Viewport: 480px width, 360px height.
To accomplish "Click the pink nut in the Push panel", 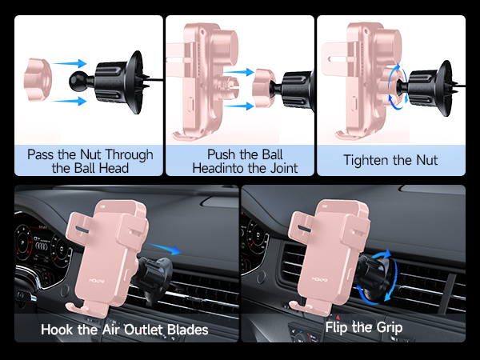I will [266, 85].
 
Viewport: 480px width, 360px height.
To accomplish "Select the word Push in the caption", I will [222, 154].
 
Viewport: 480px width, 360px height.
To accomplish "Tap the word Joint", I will [279, 168].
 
